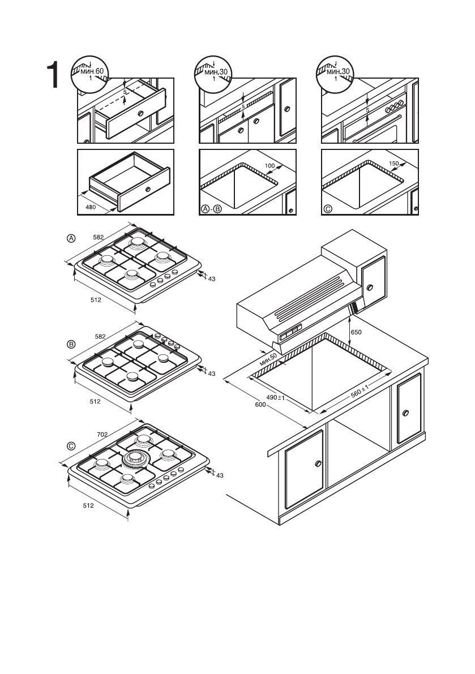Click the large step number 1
point(53,75)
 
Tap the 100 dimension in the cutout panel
point(269,165)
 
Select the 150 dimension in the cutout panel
point(394,164)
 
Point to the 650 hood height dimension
point(356,333)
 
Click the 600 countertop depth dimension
point(260,404)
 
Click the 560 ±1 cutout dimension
point(360,392)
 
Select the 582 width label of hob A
point(99,237)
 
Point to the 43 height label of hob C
point(220,475)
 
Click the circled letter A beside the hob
point(71,238)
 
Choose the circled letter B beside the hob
point(71,344)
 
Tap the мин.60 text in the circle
point(92,71)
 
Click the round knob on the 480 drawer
point(148,188)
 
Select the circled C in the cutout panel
point(328,209)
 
